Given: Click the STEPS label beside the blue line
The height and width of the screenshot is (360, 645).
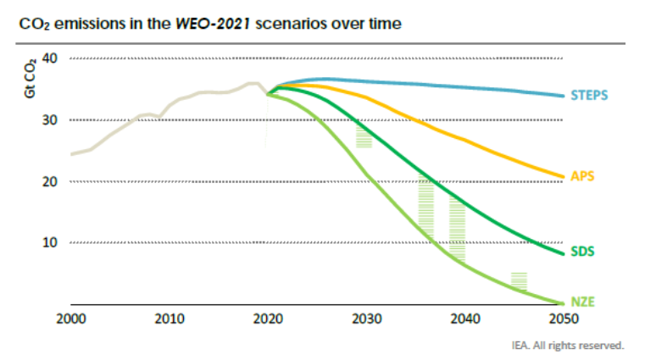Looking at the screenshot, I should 591,95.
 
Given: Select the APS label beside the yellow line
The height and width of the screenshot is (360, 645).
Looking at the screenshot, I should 582,176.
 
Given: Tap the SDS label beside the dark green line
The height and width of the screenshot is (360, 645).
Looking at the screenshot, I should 582,252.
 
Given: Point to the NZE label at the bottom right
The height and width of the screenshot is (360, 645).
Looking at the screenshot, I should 582,301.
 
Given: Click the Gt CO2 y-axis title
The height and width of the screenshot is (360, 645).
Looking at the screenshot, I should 28,75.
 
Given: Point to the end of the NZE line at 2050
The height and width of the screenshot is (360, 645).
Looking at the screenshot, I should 563,302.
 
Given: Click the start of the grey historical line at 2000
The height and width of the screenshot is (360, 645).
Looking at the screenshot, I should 72,153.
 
